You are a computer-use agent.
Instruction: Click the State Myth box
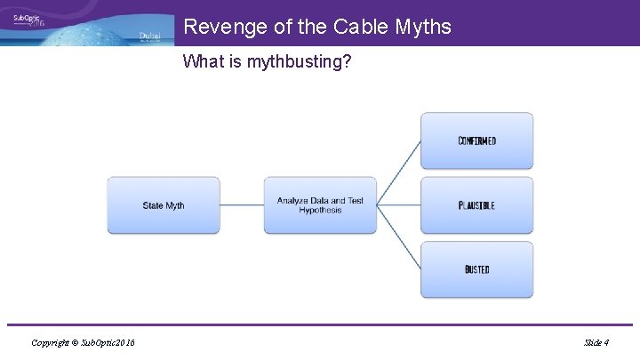(164, 205)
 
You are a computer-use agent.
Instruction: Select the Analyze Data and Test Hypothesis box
(320, 205)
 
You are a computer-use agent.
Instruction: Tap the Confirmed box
(476, 140)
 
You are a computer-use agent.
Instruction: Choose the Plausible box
(476, 205)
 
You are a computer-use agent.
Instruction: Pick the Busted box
(476, 269)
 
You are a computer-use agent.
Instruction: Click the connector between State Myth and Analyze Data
(242, 205)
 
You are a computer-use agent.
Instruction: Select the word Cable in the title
(362, 27)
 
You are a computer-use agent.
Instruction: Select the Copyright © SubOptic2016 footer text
(83, 342)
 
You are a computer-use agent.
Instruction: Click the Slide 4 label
(596, 342)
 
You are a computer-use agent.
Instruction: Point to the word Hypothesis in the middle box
(320, 211)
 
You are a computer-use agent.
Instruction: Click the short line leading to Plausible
(398, 205)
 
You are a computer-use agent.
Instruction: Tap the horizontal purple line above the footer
(320, 325)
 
